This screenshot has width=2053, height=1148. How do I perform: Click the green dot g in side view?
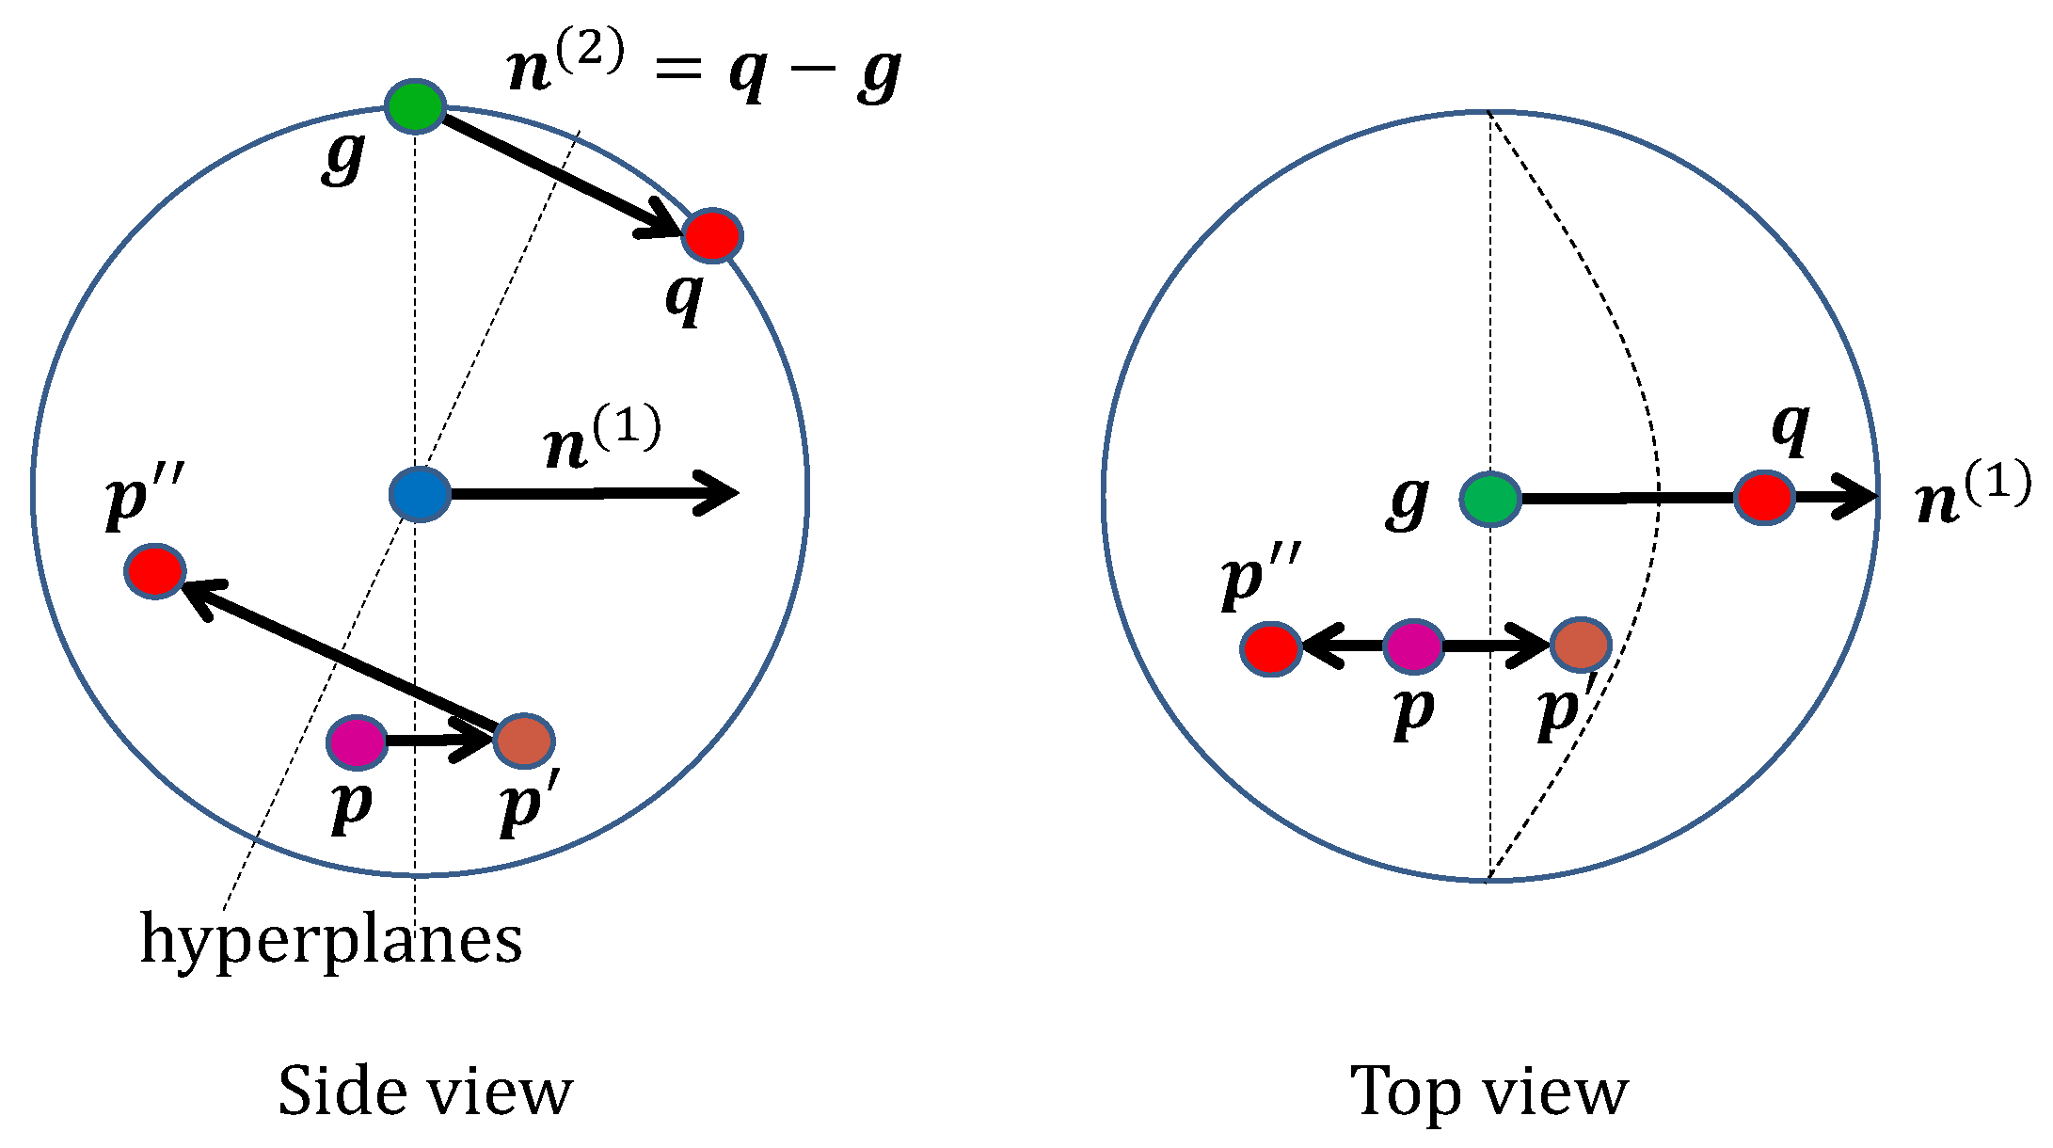415,106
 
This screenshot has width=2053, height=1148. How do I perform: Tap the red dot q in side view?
712,235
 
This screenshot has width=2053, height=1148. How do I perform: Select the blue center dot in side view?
420,494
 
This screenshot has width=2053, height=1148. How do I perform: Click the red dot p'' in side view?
155,570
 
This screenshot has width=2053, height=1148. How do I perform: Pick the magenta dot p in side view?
357,741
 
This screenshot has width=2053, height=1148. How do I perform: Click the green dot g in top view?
1490,499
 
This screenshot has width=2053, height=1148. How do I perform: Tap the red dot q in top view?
1764,497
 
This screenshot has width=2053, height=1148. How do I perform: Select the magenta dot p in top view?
1413,646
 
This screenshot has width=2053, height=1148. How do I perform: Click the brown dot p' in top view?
1581,645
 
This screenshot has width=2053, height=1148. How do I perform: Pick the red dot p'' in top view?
1270,648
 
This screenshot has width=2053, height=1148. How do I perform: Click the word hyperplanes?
331,939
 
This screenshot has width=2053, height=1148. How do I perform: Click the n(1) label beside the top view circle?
1972,495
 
